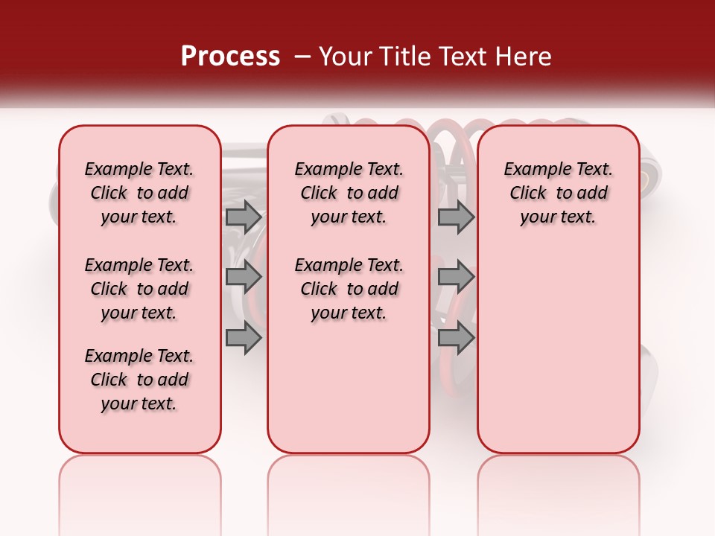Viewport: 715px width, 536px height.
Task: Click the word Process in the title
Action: pyautogui.click(x=230, y=57)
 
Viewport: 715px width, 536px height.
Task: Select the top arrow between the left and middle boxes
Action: pyautogui.click(x=244, y=217)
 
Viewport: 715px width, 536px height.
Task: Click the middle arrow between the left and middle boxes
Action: pyautogui.click(x=244, y=277)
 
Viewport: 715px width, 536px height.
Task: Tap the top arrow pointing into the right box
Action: pyautogui.click(x=456, y=217)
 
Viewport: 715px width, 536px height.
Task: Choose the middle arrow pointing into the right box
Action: pyautogui.click(x=456, y=277)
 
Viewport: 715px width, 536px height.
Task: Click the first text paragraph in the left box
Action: pyautogui.click(x=139, y=193)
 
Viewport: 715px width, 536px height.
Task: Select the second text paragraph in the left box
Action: pyautogui.click(x=139, y=289)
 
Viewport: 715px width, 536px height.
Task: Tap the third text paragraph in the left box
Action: pyautogui.click(x=139, y=380)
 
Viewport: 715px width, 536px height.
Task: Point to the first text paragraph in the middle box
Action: pyautogui.click(x=349, y=193)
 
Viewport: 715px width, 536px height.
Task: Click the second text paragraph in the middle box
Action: pyautogui.click(x=349, y=289)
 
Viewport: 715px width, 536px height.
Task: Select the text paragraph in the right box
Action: pyautogui.click(x=558, y=193)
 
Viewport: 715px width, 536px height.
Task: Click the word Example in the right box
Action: pyautogui.click(x=532, y=170)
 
